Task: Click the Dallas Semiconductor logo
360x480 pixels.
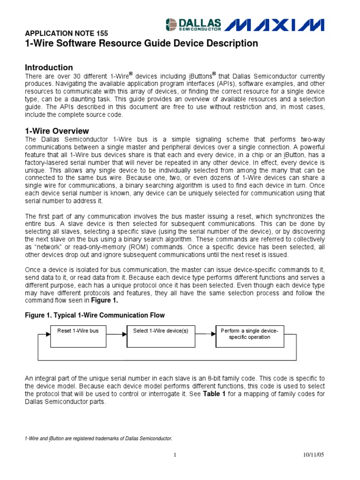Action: (x=194, y=24)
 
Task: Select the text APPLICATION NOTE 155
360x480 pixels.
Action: (x=66, y=33)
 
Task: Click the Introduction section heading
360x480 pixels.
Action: (x=48, y=67)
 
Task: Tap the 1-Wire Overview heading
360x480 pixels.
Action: (x=56, y=131)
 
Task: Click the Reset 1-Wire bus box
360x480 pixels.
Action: (x=78, y=334)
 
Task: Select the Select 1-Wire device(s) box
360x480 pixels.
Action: (x=160, y=334)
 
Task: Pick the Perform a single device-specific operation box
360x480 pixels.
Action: (x=249, y=334)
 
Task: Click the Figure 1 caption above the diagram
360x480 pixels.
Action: (x=95, y=315)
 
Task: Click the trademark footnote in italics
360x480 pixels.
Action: (x=98, y=438)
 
